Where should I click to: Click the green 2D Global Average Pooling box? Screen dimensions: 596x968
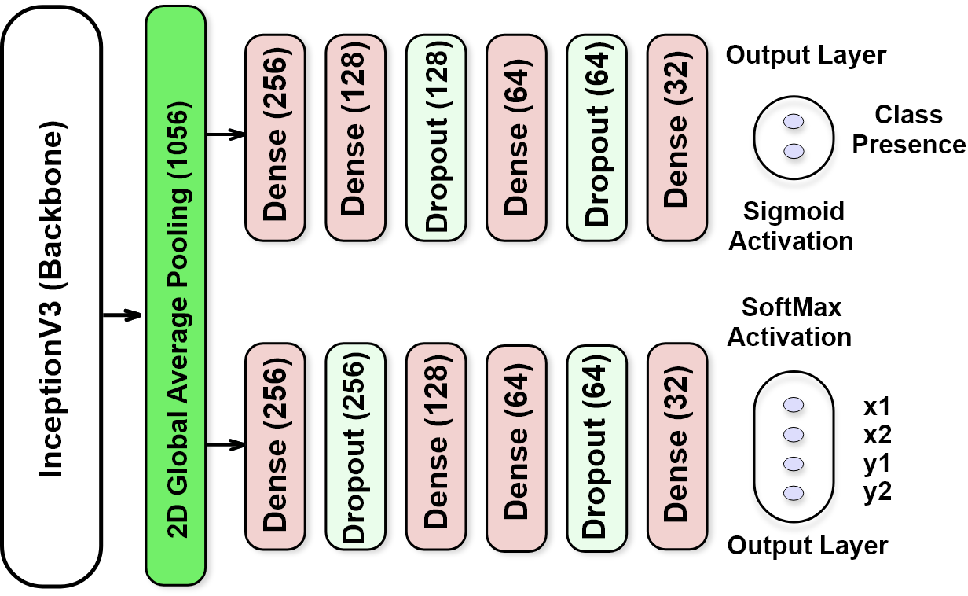pos(175,296)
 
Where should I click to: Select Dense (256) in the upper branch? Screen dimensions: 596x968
pos(275,138)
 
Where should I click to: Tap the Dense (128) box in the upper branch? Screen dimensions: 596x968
pos(355,138)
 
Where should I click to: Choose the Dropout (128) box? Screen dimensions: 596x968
pos(436,138)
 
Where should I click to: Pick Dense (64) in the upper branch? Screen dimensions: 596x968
pos(516,138)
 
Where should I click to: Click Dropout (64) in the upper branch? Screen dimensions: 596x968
pos(596,138)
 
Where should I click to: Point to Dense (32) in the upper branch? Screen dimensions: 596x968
pos(676,138)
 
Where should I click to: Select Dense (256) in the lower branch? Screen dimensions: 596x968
pos(275,446)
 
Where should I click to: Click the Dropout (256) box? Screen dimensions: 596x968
pos(355,446)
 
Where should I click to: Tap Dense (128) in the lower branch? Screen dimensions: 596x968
pos(436,446)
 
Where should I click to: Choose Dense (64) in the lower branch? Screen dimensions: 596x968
pos(516,446)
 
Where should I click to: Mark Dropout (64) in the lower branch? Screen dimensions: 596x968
pos(596,446)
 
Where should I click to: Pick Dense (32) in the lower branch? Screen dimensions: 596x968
pos(676,446)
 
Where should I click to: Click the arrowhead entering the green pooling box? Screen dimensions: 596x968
pos(133,315)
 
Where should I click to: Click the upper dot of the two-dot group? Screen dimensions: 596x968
pos(794,122)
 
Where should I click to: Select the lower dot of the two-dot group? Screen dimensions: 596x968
pos(794,151)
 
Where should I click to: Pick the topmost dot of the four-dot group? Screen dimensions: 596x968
pos(794,405)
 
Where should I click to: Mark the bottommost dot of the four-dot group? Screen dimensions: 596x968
pos(794,493)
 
